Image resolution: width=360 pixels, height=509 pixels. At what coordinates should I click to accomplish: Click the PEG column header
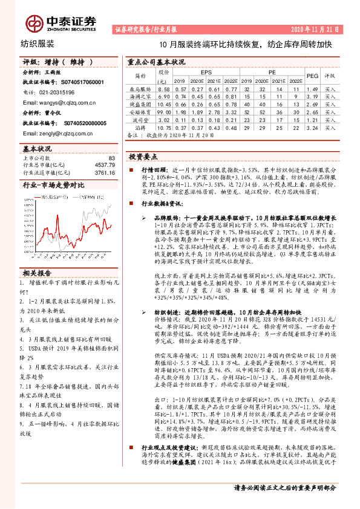click(312, 76)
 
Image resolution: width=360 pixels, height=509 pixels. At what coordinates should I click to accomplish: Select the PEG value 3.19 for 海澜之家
click(312, 96)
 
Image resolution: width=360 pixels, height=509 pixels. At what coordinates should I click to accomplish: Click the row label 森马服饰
click(141, 88)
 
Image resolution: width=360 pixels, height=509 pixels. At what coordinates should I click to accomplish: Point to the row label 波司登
click(141, 120)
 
